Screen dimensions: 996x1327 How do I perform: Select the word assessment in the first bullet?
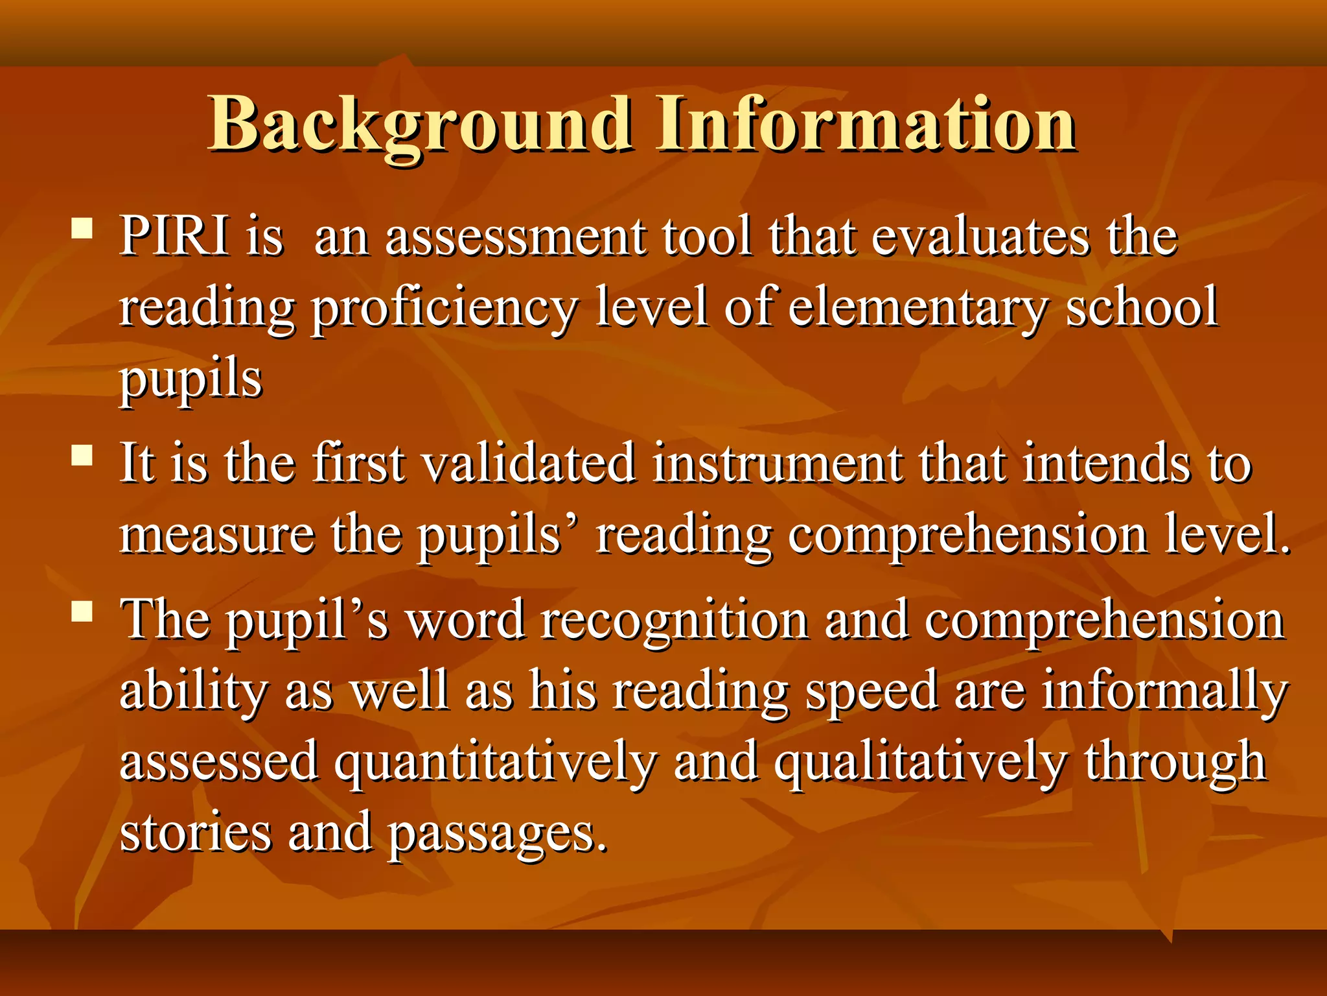[x=515, y=237]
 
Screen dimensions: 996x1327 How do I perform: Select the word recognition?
[x=675, y=621]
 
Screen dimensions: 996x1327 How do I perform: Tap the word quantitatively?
[x=495, y=763]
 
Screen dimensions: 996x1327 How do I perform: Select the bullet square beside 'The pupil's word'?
[x=82, y=611]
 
